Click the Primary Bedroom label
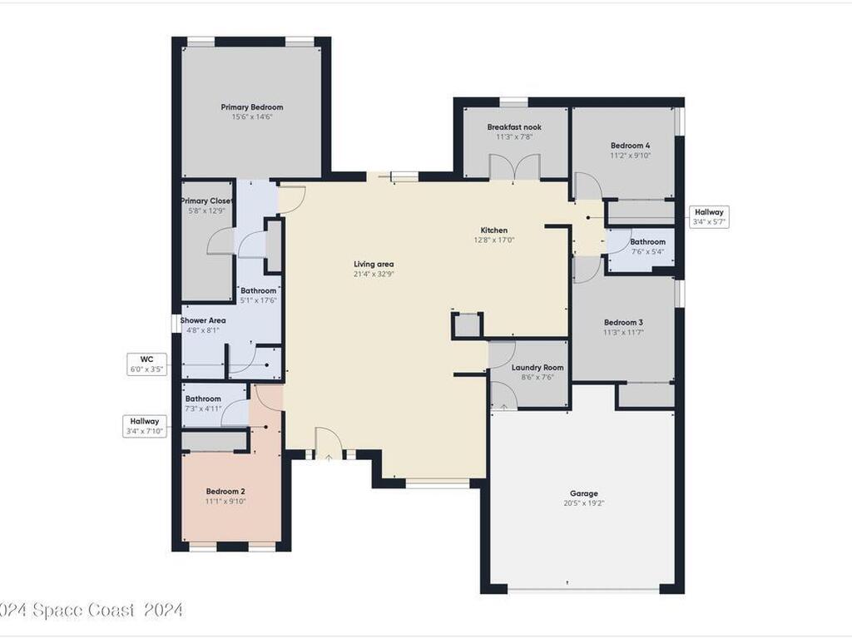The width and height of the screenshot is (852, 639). click(x=251, y=107)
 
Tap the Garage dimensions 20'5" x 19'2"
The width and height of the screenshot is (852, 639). click(x=584, y=503)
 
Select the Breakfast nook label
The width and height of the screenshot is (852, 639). click(x=514, y=127)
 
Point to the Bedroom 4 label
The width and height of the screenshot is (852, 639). click(x=631, y=146)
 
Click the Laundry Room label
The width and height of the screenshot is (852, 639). click(x=537, y=368)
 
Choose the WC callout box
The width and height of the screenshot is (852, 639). click(x=146, y=364)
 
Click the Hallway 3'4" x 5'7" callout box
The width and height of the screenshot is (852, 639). click(x=709, y=217)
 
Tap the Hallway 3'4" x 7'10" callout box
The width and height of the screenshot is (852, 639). click(x=145, y=426)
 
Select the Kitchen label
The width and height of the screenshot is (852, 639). click(x=494, y=230)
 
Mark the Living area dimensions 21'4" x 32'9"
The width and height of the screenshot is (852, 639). click(x=374, y=275)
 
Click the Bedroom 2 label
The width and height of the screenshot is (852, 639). click(x=225, y=492)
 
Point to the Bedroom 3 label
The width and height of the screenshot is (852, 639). click(x=623, y=323)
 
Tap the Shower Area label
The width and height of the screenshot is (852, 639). click(x=203, y=320)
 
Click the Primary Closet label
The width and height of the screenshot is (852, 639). click(x=206, y=201)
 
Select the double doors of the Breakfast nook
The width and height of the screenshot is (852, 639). click(x=514, y=166)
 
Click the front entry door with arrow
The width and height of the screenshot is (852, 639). click(x=329, y=443)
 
